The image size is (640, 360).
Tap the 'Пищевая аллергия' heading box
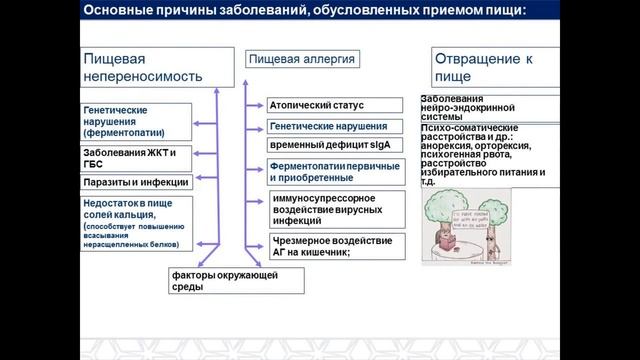(x=300, y=60)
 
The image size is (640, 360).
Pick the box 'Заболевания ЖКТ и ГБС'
(x=129, y=158)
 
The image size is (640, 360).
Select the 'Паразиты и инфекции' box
(x=129, y=183)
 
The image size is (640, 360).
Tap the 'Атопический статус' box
(x=335, y=105)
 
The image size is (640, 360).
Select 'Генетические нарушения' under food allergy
(x=335, y=127)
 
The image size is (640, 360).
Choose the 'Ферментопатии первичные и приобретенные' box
(x=335, y=171)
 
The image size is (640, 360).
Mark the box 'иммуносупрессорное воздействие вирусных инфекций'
(x=335, y=208)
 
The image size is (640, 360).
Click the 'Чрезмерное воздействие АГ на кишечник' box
(x=335, y=246)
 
